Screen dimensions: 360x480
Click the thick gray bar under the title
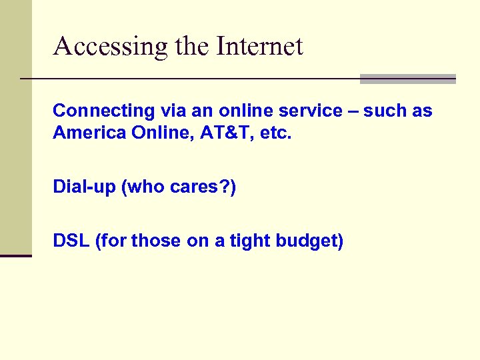pyautogui.click(x=407, y=79)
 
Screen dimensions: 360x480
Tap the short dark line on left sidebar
pyautogui.click(x=16, y=255)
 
